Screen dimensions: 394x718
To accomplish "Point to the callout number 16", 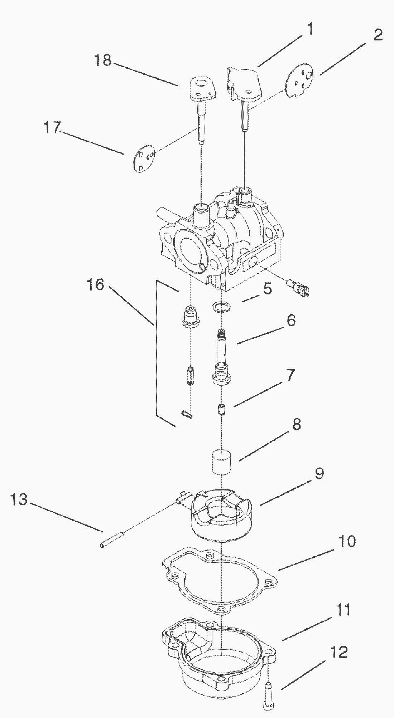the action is click(95, 285).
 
